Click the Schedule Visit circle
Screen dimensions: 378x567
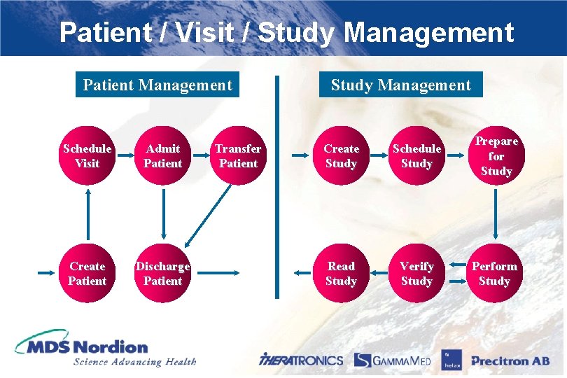(87, 156)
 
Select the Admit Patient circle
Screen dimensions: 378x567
(162, 156)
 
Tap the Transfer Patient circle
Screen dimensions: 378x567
(238, 156)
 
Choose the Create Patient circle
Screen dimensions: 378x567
(87, 274)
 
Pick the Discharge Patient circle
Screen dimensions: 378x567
(162, 274)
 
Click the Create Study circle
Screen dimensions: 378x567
(342, 156)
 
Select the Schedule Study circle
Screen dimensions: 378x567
(416, 156)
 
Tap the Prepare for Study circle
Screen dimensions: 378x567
(496, 156)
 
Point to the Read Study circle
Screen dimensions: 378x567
(342, 274)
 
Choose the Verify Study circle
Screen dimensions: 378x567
(416, 274)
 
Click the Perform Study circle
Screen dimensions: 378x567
(494, 274)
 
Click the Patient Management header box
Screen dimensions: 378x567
(157, 85)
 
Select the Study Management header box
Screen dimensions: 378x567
(401, 85)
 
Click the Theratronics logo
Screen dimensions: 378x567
(301, 360)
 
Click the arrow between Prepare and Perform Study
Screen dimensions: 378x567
(496, 214)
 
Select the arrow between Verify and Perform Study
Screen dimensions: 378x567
(456, 274)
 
